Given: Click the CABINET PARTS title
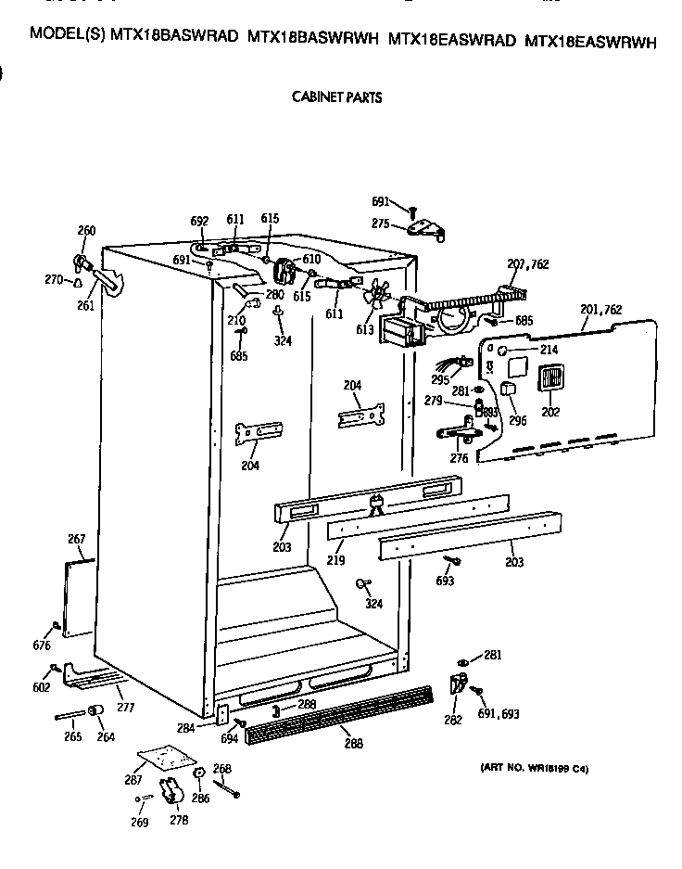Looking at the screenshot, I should tap(336, 96).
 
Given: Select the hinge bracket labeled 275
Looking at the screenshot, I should tap(425, 228).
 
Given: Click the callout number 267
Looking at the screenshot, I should tap(77, 539).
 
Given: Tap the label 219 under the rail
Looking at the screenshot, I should tap(335, 561).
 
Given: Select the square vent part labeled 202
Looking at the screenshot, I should tap(550, 380).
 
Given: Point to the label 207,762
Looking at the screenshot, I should tap(527, 264).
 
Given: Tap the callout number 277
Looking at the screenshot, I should tap(125, 707).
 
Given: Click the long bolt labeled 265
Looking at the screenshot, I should tap(71, 715).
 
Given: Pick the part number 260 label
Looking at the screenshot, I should tap(86, 231).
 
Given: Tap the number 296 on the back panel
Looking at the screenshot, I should tap(517, 420).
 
